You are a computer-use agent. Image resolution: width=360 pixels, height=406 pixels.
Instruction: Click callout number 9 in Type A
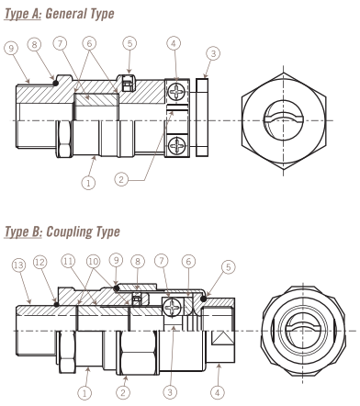click(x=11, y=49)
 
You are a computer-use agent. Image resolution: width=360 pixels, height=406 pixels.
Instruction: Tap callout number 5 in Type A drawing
click(x=129, y=43)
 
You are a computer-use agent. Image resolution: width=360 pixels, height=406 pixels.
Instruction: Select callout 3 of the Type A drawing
click(x=213, y=53)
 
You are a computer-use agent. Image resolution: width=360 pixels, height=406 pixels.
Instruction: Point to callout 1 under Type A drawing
click(x=88, y=183)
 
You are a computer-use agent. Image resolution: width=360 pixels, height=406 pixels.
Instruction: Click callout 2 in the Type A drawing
click(x=121, y=179)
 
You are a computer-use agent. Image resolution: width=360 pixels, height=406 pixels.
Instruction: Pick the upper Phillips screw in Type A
click(x=176, y=91)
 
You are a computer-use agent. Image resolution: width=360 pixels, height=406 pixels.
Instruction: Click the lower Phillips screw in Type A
click(x=176, y=145)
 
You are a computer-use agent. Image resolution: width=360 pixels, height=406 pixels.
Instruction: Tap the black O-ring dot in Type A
click(x=55, y=83)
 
